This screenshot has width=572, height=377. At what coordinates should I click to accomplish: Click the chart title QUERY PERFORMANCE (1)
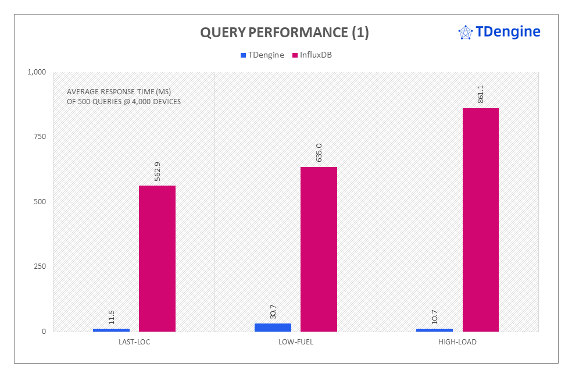tap(284, 33)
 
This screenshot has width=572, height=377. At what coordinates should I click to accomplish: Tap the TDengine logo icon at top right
tap(466, 33)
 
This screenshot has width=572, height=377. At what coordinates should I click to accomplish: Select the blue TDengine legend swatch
tap(243, 55)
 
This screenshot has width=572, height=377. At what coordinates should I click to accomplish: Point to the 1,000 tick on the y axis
tap(36, 72)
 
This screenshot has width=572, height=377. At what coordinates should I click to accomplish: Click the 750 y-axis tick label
tap(40, 137)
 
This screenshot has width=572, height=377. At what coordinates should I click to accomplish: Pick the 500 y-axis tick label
tap(40, 202)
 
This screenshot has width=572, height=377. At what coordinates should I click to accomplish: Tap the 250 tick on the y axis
tap(40, 266)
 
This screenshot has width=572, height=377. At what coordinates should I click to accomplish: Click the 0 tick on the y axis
tap(44, 332)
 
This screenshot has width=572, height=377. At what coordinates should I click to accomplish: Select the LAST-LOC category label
tap(134, 342)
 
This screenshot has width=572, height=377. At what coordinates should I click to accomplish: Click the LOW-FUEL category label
tap(296, 342)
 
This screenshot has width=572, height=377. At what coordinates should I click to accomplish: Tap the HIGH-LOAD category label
tap(457, 342)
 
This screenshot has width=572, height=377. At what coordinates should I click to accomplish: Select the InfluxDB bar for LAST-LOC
tap(157, 258)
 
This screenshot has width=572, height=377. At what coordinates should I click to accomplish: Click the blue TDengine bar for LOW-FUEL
tap(273, 328)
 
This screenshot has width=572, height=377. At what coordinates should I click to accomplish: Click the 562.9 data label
tap(158, 172)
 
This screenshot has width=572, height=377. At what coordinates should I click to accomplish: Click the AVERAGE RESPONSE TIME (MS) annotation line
tap(114, 92)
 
